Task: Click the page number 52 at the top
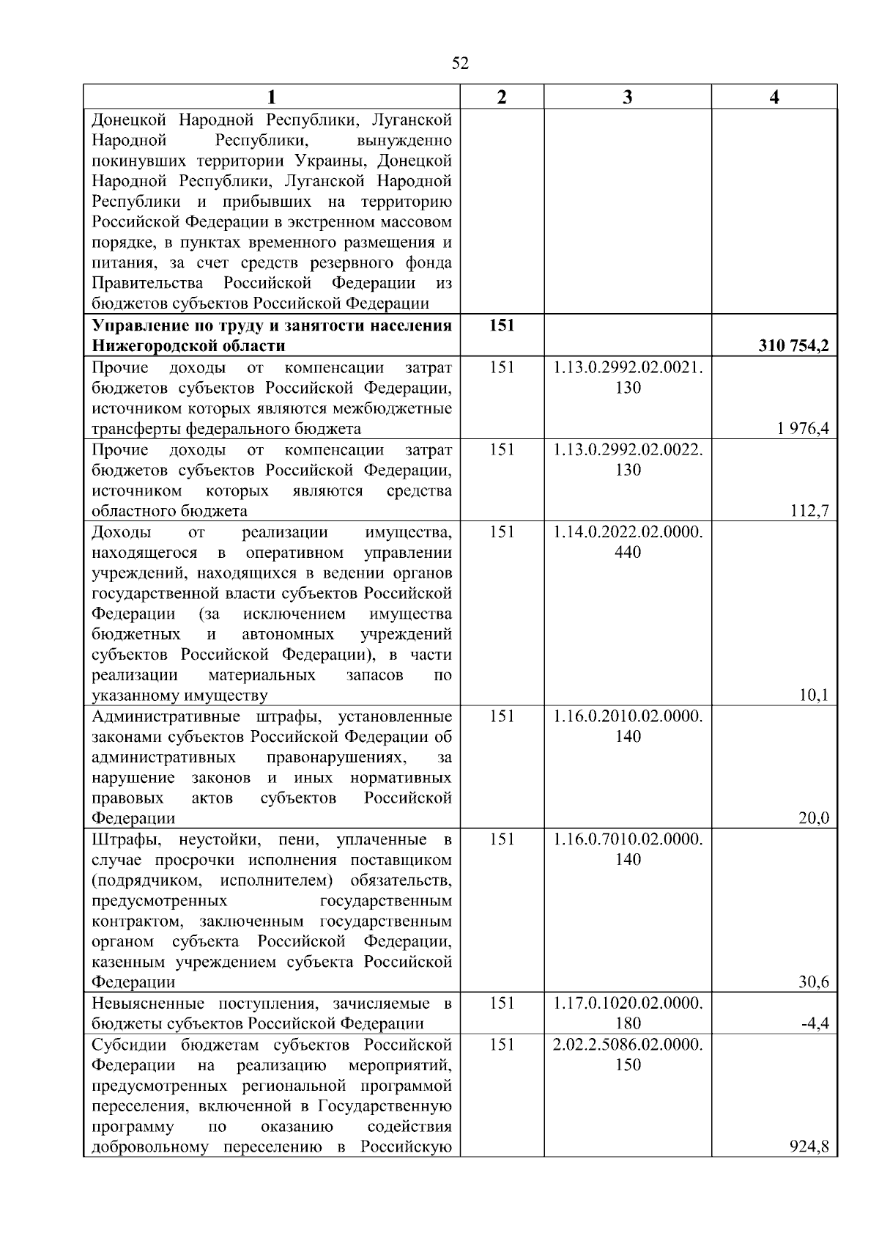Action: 460,63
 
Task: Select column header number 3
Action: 627,97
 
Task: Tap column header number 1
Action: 271,97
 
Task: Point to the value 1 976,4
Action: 804,428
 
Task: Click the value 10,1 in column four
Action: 814,695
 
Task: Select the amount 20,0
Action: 813,818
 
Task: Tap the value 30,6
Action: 813,982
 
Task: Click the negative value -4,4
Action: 815,1023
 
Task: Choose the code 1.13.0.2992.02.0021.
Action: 628,367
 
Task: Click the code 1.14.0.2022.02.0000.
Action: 628,531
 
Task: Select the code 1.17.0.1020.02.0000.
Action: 628,1004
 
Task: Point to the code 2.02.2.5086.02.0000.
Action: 628,1045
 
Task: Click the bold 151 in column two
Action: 502,325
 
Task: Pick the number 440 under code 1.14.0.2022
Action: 628,552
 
